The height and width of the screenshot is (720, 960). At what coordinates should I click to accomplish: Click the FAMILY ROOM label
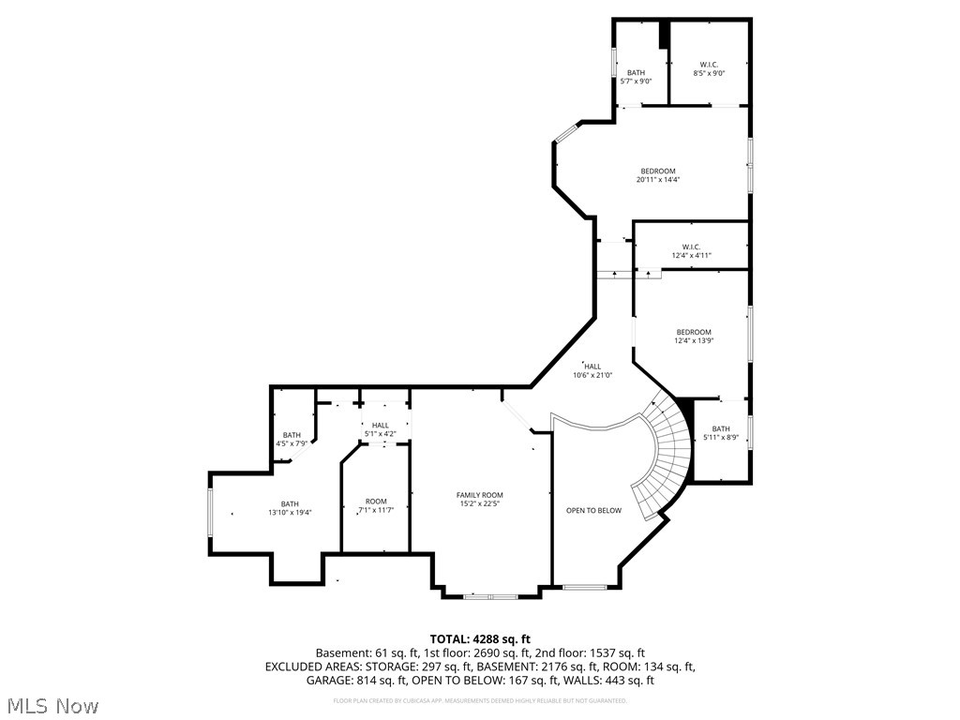tap(480, 495)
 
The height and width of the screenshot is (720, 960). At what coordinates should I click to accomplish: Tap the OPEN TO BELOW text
tap(593, 511)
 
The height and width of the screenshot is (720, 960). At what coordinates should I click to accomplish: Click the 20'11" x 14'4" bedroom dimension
tap(657, 180)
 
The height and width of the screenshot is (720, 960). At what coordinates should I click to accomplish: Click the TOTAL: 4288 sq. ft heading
tap(479, 638)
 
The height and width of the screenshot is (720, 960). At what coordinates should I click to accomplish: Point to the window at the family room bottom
tap(490, 596)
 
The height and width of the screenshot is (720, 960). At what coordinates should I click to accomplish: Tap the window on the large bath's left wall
tap(210, 515)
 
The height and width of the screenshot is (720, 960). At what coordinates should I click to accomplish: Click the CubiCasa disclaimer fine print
tap(479, 700)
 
